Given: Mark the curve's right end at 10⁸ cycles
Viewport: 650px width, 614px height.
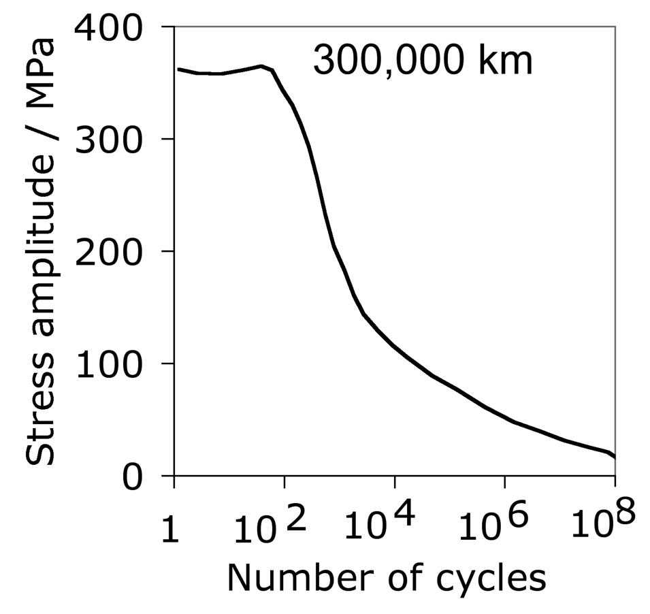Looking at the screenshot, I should (x=614, y=457).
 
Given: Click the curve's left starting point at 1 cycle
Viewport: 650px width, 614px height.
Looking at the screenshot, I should (x=178, y=69).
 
